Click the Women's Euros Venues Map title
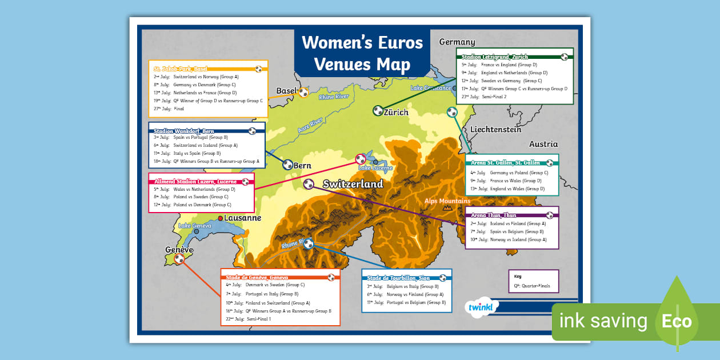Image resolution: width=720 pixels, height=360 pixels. (x=362, y=53)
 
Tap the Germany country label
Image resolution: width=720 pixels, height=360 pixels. (x=457, y=42)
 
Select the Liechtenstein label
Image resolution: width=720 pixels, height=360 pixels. (x=495, y=130)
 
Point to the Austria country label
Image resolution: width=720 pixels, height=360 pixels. (x=543, y=144)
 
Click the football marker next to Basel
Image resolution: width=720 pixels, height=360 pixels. (x=303, y=92)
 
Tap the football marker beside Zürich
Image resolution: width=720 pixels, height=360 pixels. (x=378, y=110)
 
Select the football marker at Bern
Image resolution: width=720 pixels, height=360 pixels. (x=287, y=165)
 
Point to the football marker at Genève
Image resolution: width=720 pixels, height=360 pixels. (x=179, y=259)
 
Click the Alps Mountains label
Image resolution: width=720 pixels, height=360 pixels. (x=447, y=201)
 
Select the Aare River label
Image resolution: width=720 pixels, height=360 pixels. (x=310, y=126)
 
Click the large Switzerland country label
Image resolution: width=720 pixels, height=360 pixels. (x=353, y=184)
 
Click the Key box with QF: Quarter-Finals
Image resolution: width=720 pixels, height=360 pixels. (x=533, y=281)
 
